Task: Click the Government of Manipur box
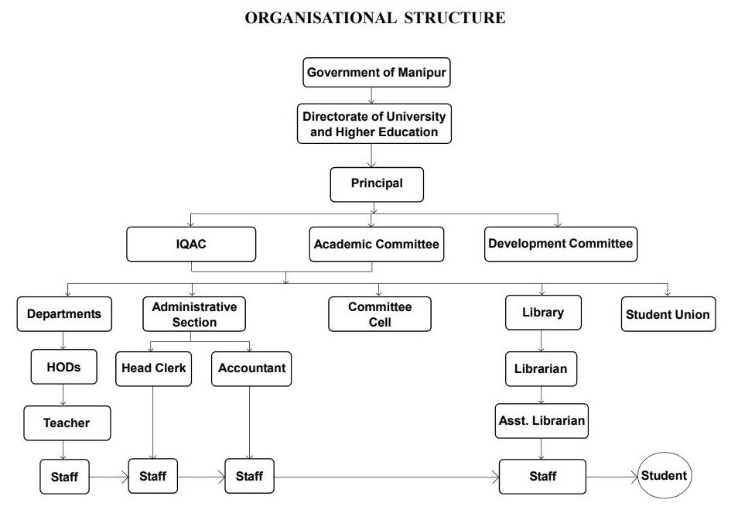[x=377, y=73]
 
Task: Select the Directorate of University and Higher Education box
[x=374, y=124]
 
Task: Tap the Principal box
[x=377, y=184]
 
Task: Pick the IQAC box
[x=191, y=245]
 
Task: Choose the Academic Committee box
[x=377, y=245]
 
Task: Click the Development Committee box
[x=561, y=245]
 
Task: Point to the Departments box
[x=64, y=314]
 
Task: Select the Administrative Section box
[x=194, y=314]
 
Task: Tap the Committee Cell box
[x=379, y=314]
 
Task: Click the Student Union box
[x=668, y=314]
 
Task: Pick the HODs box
[x=64, y=367]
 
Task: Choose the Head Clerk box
[x=153, y=369]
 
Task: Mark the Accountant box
[x=251, y=369]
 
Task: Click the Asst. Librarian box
[x=542, y=421]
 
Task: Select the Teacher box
[x=67, y=423]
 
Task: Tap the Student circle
[x=665, y=475]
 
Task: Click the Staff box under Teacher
[x=64, y=477]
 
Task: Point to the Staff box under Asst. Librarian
[x=543, y=477]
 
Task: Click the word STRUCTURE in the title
[x=455, y=18]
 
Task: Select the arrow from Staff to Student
[x=612, y=477]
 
